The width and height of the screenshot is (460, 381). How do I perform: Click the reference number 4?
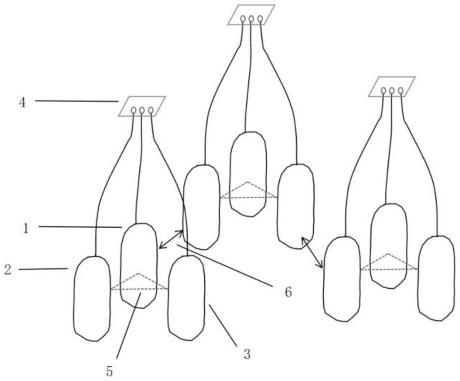click(x=22, y=101)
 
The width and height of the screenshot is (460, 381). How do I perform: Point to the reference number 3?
click(x=247, y=354)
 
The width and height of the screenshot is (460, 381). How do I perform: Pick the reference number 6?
click(x=288, y=292)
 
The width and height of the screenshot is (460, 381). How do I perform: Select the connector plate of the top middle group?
click(x=251, y=15)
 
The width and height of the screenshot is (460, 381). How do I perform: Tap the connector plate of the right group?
click(x=392, y=87)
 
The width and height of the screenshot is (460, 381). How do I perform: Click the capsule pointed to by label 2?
click(x=92, y=298)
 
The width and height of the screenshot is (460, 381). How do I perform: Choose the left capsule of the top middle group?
click(x=201, y=207)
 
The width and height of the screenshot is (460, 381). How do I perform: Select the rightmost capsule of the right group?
click(x=436, y=278)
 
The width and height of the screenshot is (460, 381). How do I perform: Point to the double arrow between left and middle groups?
click(x=171, y=240)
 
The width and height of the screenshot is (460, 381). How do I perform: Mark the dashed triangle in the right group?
click(x=389, y=263)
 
